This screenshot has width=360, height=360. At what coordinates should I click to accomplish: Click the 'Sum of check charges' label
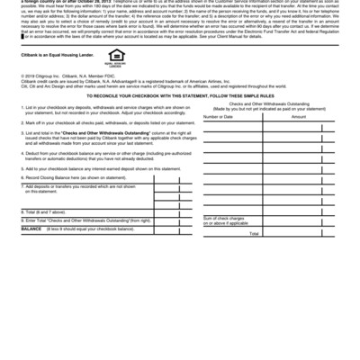tap(225, 218)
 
